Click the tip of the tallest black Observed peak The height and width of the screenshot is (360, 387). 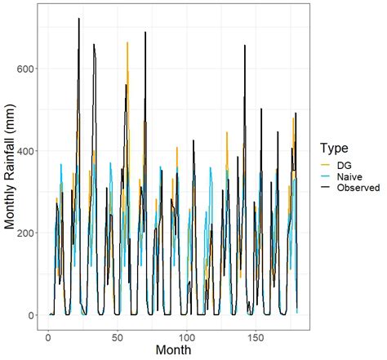(x=79, y=18)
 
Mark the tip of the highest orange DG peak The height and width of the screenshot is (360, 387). (x=127, y=42)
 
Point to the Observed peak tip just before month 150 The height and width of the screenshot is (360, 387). (x=245, y=46)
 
